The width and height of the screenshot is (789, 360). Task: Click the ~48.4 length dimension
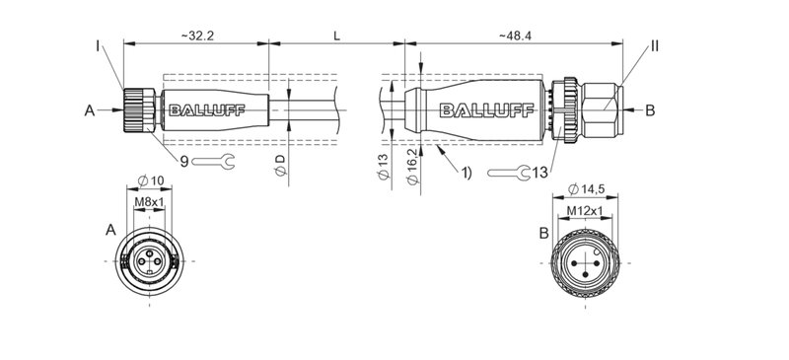tap(518, 36)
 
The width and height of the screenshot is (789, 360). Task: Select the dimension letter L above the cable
tap(336, 36)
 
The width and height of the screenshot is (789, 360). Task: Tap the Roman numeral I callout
tap(99, 45)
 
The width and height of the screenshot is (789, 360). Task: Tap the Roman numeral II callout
tap(655, 45)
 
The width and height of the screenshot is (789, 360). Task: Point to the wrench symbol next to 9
tap(213, 162)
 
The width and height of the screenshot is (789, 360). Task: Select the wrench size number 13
tap(538, 173)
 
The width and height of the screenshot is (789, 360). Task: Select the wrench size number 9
tap(183, 159)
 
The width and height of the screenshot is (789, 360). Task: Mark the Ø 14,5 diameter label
tap(589, 189)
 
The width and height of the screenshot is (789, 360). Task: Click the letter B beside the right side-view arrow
tap(649, 110)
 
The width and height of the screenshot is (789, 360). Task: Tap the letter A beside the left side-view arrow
tap(91, 111)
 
